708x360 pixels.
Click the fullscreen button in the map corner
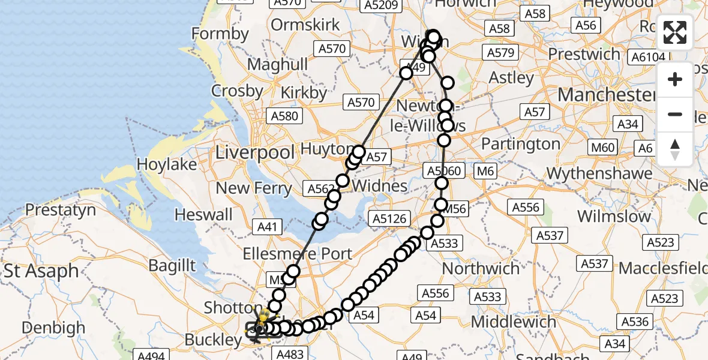pyautogui.click(x=675, y=33)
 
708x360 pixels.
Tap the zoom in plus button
pyautogui.click(x=675, y=80)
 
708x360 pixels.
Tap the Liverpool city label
pyautogui.click(x=255, y=151)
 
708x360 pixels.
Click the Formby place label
pyautogui.click(x=220, y=34)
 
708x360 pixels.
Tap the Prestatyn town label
pyautogui.click(x=60, y=210)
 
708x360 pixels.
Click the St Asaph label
pyautogui.click(x=41, y=271)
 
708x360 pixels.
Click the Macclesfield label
pyautogui.click(x=663, y=267)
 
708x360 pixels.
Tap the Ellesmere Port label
pyautogui.click(x=298, y=254)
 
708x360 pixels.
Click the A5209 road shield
pyautogui.click(x=380, y=6)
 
